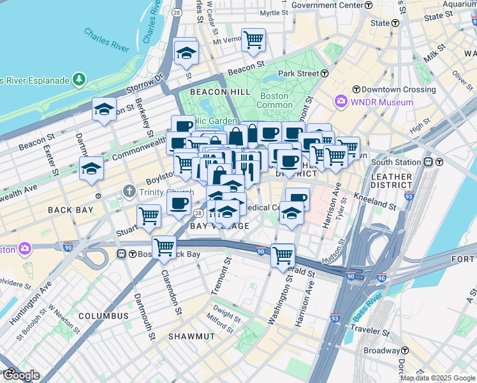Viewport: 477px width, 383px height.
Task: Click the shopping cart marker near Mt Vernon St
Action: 254,40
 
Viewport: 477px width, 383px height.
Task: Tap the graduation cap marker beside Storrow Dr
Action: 186,53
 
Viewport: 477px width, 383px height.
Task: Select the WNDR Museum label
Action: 381,102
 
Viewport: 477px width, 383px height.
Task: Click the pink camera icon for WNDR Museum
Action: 341,101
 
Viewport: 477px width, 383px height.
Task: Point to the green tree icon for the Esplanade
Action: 78,79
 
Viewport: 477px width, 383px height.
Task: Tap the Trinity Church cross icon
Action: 129,191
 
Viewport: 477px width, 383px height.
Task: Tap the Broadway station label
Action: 381,350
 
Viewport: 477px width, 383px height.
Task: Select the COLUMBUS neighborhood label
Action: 103,316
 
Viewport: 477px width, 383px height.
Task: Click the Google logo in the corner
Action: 20,375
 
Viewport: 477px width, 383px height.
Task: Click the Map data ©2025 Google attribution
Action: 437,378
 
